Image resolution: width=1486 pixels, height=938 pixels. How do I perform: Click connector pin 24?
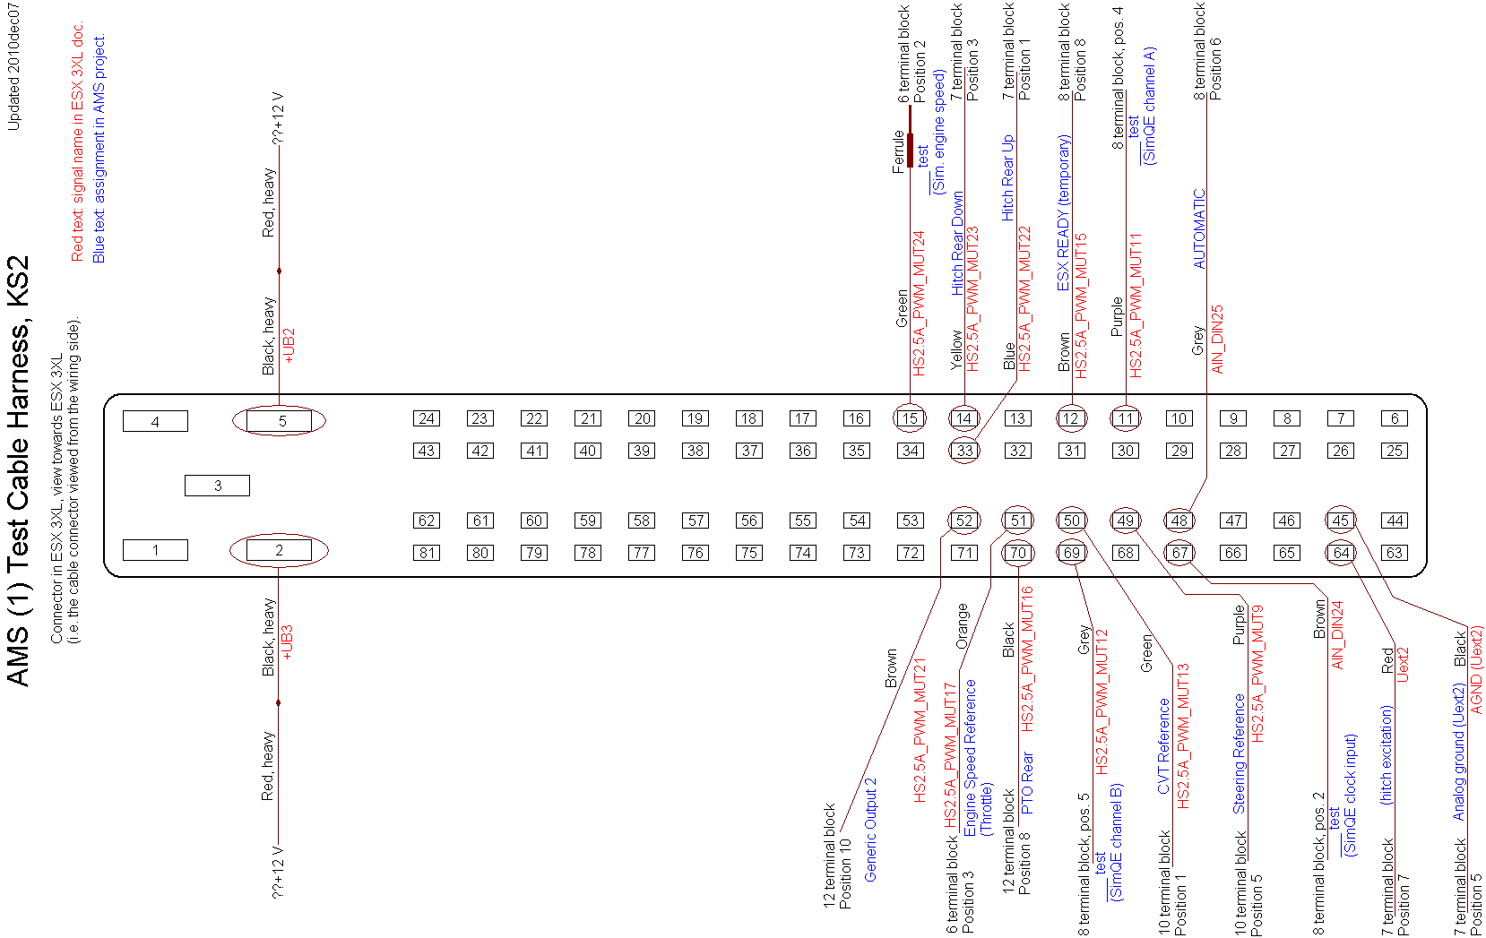[x=427, y=418]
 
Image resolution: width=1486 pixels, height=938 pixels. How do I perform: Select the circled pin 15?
[x=910, y=418]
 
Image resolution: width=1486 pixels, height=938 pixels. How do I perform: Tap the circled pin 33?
[x=964, y=451]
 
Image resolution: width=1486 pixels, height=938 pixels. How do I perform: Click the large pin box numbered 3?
[x=217, y=486]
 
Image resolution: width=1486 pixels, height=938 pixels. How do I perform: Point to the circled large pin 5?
[x=280, y=420]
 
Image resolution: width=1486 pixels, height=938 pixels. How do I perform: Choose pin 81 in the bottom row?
[x=427, y=553]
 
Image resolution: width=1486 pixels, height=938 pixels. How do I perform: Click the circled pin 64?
[x=1341, y=553]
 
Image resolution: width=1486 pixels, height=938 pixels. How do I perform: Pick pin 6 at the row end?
[x=1395, y=418]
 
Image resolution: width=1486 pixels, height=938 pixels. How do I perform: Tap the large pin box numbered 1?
[x=155, y=550]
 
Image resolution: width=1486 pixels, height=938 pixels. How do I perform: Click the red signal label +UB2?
[x=289, y=346]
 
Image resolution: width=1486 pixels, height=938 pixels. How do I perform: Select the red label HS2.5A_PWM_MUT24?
[x=919, y=304]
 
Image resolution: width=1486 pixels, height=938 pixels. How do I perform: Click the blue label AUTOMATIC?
[x=1199, y=228]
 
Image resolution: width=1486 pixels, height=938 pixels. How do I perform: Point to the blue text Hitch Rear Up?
[x=1007, y=178]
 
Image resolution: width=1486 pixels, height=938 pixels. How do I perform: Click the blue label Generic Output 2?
[x=870, y=830]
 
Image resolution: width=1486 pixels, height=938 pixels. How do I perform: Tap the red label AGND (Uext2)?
[x=1476, y=669]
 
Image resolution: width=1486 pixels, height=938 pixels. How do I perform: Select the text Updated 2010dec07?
[x=13, y=66]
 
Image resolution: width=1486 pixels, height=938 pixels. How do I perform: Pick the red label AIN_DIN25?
[x=1216, y=340]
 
